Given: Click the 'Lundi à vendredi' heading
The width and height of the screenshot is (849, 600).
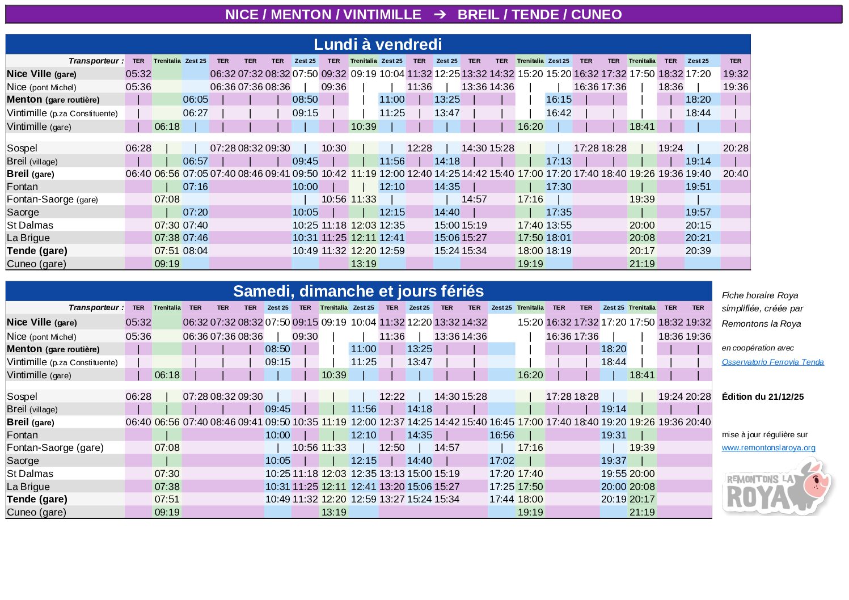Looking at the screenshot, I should point(378,44).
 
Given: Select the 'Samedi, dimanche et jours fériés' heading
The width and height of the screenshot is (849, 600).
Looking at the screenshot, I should point(358,291).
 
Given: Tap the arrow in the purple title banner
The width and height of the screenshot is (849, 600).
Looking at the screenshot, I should point(440,15).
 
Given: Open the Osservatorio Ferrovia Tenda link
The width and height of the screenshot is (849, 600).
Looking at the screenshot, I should point(772,362).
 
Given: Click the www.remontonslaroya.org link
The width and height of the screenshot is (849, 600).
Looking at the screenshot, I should point(768,447).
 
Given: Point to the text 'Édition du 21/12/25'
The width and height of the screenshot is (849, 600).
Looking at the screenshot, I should point(762,396).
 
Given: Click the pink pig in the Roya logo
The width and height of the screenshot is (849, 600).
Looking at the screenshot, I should point(817,481).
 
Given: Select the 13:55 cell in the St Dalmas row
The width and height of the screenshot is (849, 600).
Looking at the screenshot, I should point(559,225).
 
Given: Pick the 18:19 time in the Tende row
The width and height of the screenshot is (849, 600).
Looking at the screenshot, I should point(559,251).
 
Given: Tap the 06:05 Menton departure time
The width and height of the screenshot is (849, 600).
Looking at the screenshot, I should point(195,99).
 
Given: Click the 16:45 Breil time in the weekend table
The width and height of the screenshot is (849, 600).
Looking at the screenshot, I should point(501,422).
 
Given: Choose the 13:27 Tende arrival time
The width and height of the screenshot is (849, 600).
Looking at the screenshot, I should point(419,499).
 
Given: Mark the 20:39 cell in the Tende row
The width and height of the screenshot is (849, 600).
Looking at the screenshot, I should point(698,251).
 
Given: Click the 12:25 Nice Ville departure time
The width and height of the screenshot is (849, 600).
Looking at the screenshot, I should point(447,74).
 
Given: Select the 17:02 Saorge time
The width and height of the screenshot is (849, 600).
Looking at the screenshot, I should point(501,460).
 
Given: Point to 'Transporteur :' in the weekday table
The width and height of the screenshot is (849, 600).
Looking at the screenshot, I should point(96,61).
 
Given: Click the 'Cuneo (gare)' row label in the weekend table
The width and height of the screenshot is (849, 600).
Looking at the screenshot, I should point(36,512).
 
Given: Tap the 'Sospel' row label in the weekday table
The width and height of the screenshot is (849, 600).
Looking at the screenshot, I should point(22,148).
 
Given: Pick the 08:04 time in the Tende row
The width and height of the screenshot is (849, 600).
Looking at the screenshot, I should point(195,251).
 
